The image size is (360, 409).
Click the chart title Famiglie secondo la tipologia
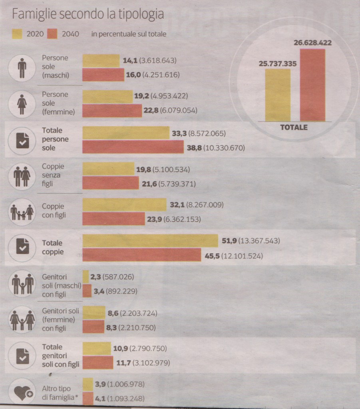pos(88,14)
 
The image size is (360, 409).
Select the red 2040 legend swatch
pos(53,34)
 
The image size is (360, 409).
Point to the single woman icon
pos(22,104)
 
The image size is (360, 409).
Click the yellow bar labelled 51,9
pos(150,241)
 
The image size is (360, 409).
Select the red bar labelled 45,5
pos(142,255)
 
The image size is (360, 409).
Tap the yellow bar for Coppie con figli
pos(124,205)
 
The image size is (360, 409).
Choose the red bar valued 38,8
pos(133,147)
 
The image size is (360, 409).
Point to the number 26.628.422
pos(313,42)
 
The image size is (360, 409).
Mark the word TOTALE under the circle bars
pos(294,127)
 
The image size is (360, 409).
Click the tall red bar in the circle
pos(312,85)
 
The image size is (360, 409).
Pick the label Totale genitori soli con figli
pos(60,355)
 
